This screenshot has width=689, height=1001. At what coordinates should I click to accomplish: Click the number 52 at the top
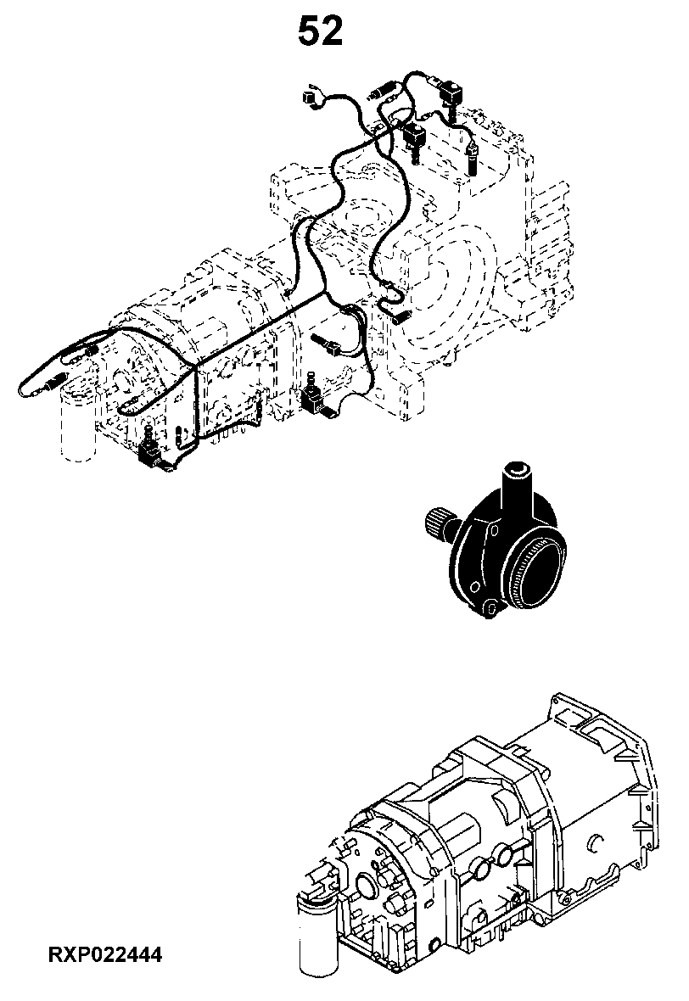[x=320, y=32]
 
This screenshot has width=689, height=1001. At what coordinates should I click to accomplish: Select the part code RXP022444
[x=105, y=955]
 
